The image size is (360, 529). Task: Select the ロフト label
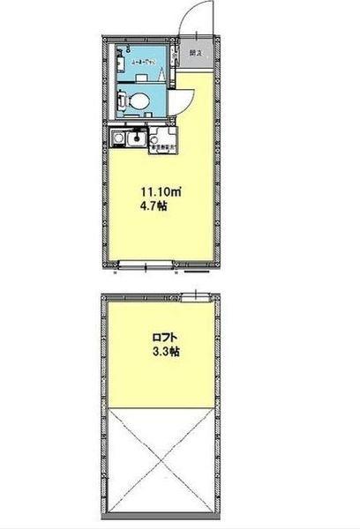pos(162,336)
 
